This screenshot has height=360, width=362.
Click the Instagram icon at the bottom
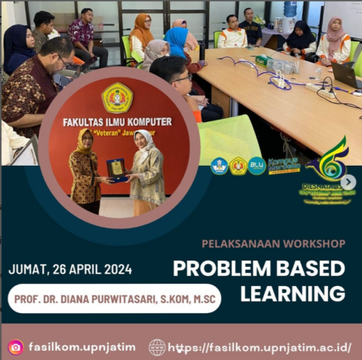click(x=15, y=347)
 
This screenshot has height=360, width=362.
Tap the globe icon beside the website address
click(x=157, y=347)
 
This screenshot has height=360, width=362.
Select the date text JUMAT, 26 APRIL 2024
click(x=70, y=270)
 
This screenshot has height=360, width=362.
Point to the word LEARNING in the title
click(x=293, y=294)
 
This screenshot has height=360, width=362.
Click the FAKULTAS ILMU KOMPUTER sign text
click(x=117, y=121)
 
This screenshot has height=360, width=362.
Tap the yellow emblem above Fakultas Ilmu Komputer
click(x=117, y=97)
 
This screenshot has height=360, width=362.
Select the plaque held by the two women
click(x=117, y=169)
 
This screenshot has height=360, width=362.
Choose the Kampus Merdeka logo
click(x=284, y=164)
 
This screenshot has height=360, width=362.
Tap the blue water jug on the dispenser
click(x=290, y=9)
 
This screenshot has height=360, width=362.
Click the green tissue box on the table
click(x=262, y=59)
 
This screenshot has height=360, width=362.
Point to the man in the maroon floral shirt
click(x=81, y=34)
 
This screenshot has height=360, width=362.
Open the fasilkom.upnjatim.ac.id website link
click(x=260, y=347)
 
